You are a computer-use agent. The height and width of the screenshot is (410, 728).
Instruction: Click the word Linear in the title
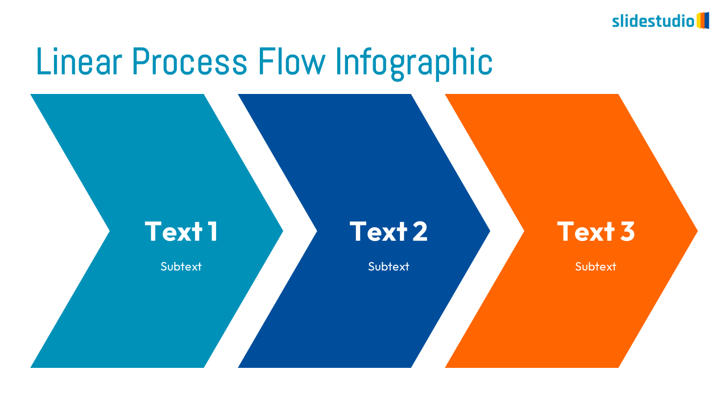(79, 61)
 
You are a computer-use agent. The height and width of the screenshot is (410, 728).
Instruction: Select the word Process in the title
(189, 61)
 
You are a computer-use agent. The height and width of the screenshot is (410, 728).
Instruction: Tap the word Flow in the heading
(292, 61)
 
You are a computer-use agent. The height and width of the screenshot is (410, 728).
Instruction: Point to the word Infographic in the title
(414, 63)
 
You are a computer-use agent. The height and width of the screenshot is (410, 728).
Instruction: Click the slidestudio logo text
(653, 21)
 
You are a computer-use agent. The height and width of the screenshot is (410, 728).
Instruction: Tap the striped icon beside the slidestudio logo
(703, 20)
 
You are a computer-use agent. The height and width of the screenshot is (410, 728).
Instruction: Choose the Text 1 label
(181, 231)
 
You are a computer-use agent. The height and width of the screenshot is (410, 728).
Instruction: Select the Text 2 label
(388, 231)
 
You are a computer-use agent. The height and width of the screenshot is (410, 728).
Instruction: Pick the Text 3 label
(595, 231)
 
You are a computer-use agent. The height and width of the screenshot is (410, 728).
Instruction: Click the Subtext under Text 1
(181, 266)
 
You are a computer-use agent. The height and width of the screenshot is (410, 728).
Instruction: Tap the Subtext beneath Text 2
(388, 266)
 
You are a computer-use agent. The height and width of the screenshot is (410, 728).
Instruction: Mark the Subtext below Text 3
(595, 266)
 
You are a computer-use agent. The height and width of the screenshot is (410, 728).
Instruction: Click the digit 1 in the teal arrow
(213, 231)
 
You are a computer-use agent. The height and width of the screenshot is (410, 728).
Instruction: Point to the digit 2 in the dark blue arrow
(420, 231)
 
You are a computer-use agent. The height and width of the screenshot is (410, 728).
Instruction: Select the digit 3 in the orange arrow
(627, 231)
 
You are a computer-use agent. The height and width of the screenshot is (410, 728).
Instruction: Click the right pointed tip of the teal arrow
(283, 231)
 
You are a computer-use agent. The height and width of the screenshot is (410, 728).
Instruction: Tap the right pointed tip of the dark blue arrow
(490, 231)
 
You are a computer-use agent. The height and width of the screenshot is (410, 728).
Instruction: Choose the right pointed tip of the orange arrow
(697, 231)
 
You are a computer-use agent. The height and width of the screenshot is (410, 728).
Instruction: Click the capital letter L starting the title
(43, 61)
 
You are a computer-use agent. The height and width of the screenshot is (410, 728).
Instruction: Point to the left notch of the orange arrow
(524, 231)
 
